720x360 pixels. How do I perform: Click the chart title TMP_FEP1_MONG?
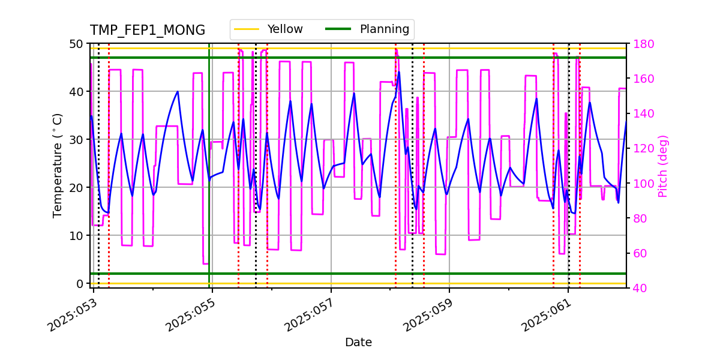click(x=148, y=31)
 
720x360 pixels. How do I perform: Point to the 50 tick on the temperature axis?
click(x=77, y=44)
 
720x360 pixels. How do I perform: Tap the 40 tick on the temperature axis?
click(x=77, y=92)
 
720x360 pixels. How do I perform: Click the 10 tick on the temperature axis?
click(x=77, y=235)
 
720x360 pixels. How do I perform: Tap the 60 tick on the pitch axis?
click(x=637, y=253)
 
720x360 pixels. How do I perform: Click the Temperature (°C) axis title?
click(x=58, y=165)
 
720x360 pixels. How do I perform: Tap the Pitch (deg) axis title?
click(x=663, y=166)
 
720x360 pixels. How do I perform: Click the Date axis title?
click(x=358, y=343)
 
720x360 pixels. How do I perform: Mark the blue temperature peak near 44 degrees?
click(x=399, y=72)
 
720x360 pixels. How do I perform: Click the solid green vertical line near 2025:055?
click(x=209, y=180)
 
